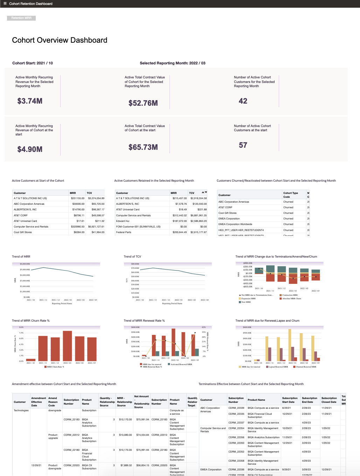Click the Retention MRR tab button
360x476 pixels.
point(21,18)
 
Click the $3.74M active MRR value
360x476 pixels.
point(30,101)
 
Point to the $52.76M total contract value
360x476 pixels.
point(143,103)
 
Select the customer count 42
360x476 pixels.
point(243,101)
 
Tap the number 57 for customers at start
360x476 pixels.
point(243,145)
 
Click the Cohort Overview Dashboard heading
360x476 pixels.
point(60,40)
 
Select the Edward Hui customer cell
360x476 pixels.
point(123,221)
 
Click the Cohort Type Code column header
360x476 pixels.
point(291,195)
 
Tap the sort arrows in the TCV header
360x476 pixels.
point(204,192)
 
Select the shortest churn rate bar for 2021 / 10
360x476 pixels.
point(31,359)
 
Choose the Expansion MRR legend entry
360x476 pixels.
point(248,299)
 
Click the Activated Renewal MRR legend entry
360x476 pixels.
point(181,364)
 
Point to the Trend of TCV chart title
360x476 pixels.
point(132,257)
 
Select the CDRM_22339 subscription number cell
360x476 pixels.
point(236,408)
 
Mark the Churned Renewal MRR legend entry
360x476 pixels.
point(306,367)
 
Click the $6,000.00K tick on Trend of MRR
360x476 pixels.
point(25,264)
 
